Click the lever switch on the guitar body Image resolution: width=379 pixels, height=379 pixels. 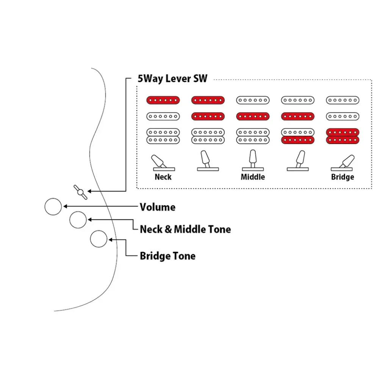coord(80,193)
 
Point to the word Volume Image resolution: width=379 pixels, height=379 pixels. coord(158,207)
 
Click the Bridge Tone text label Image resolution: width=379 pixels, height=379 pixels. coord(168,256)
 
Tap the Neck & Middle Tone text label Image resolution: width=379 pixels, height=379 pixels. coord(185,229)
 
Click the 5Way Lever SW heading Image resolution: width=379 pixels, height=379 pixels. coord(172,78)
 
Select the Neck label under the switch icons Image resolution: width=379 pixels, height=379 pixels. coord(163,177)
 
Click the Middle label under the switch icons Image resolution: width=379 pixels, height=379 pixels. coord(253,177)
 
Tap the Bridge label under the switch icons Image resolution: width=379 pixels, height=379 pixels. coord(343,177)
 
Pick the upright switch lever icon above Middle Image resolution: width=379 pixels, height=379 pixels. coord(253,160)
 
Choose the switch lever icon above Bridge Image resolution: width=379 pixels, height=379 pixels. coord(343,163)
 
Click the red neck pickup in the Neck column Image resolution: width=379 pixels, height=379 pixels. coord(163,100)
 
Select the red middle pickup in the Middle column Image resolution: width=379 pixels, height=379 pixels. coord(253,116)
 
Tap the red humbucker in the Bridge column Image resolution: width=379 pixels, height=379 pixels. coord(343,136)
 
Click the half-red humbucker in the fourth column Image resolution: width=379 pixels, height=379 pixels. coord(298,136)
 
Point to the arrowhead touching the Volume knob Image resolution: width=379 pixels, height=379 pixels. coord(65,207)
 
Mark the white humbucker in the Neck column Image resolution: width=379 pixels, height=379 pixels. coord(163,136)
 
